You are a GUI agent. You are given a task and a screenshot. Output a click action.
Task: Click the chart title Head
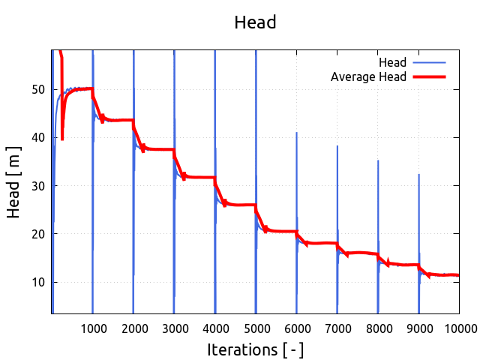pyautogui.click(x=255, y=22)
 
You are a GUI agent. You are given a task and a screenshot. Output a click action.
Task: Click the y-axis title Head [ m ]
pyautogui.click(x=13, y=185)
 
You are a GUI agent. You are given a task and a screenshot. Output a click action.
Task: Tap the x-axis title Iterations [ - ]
pyautogui.click(x=255, y=349)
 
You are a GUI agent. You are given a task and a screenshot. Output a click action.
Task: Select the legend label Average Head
pyautogui.click(x=368, y=76)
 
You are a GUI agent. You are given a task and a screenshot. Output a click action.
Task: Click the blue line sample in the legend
pyautogui.click(x=429, y=61)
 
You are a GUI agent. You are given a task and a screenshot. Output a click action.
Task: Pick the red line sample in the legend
pyautogui.click(x=429, y=76)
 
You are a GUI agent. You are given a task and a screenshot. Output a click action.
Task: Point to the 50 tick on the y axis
pyautogui.click(x=37, y=89)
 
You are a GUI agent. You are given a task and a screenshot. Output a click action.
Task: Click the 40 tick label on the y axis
pyautogui.click(x=37, y=137)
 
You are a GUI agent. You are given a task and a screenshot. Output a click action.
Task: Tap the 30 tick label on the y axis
pyautogui.click(x=37, y=185)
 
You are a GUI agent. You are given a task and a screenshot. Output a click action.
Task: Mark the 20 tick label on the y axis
pyautogui.click(x=37, y=234)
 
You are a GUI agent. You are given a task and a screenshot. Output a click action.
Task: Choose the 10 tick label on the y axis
pyautogui.click(x=37, y=282)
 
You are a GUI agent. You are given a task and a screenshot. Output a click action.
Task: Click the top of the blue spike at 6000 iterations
pyautogui.click(x=296, y=133)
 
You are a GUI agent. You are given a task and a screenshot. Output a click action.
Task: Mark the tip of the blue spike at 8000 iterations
pyautogui.click(x=378, y=160)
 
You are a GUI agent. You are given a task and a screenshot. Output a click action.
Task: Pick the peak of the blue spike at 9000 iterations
pyautogui.click(x=418, y=175)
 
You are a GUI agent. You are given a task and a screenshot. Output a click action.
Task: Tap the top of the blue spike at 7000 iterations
pyautogui.click(x=337, y=146)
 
